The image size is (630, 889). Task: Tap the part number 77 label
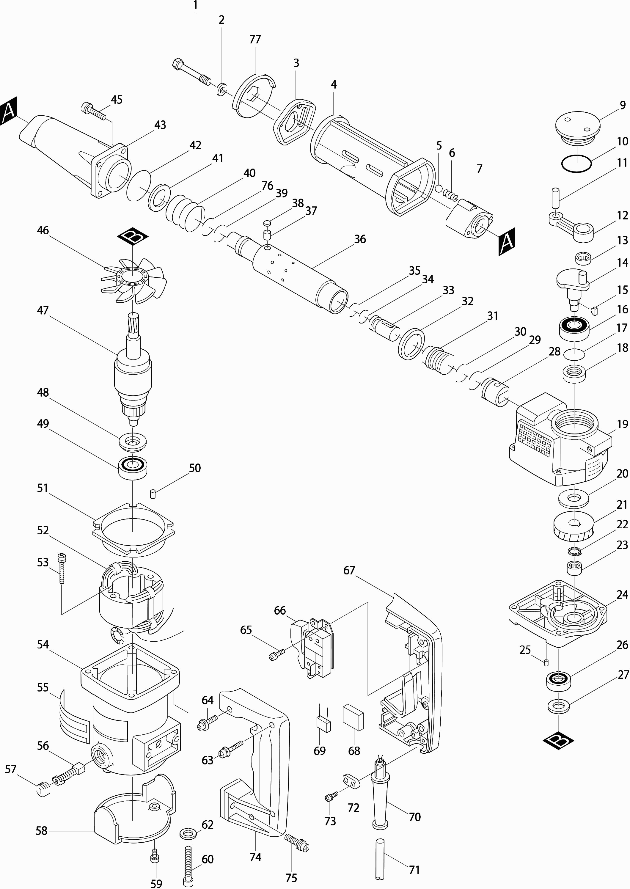255,40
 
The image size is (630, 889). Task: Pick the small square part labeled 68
353,718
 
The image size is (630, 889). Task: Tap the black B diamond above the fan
133,237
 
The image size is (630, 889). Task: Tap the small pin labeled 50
153,494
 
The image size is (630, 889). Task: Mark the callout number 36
360,239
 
